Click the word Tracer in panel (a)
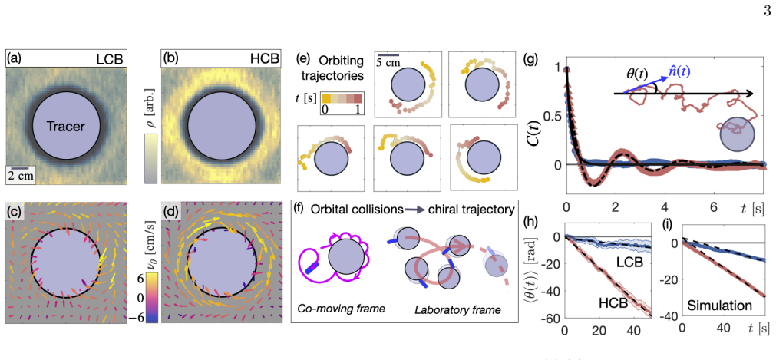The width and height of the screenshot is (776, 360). [67, 127]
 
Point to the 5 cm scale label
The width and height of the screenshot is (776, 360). [387, 62]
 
